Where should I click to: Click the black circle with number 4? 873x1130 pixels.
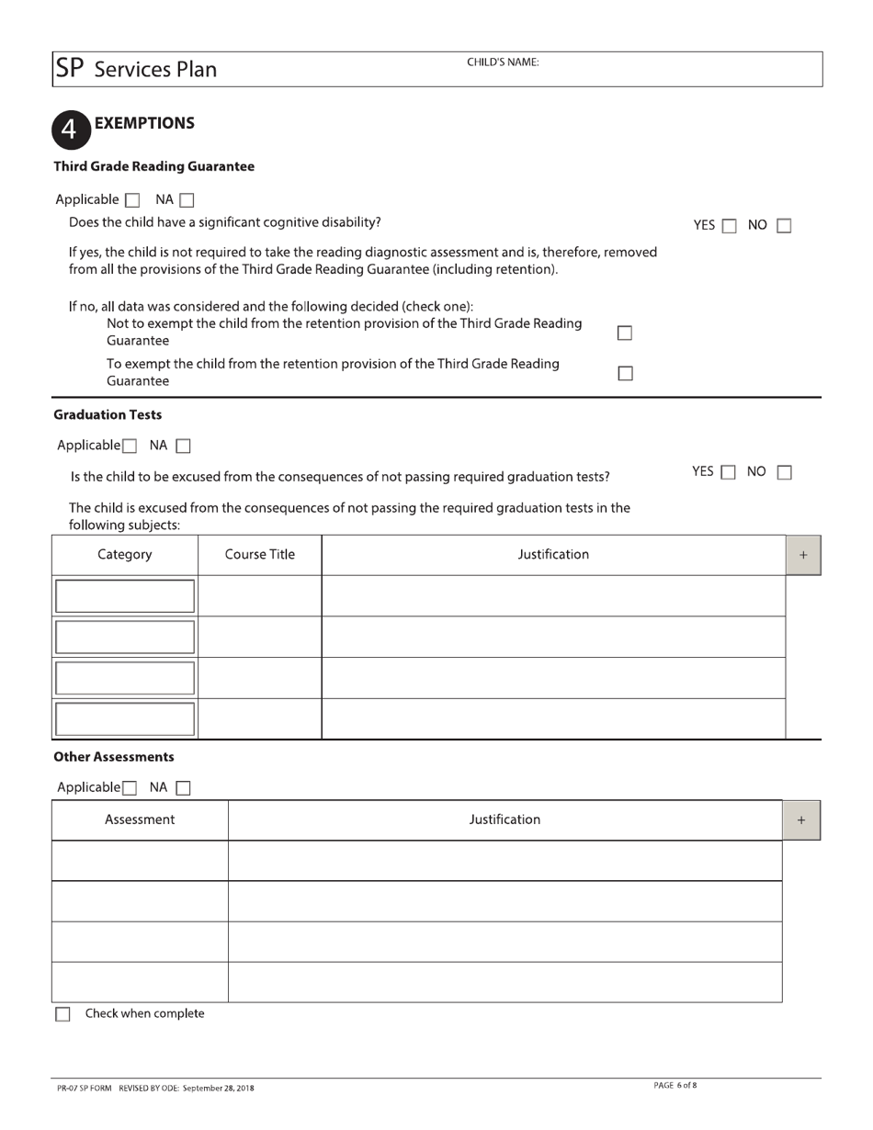(71, 130)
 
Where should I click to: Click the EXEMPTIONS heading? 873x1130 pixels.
(144, 123)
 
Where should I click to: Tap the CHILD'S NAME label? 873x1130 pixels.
(503, 62)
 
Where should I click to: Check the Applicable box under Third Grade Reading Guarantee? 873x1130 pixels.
(132, 200)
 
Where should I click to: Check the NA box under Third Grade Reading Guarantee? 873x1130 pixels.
(187, 200)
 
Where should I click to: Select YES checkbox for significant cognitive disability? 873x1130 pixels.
(728, 225)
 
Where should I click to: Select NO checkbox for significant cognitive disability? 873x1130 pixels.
(784, 225)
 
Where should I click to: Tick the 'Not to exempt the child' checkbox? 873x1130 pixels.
(625, 333)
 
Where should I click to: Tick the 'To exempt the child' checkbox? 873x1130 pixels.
(625, 373)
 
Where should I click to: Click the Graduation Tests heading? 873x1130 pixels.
(108, 415)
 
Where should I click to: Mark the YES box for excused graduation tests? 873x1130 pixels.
(728, 472)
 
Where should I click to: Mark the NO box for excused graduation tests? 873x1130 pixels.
(784, 472)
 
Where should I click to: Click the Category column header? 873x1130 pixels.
(125, 555)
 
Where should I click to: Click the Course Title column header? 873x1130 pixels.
(260, 555)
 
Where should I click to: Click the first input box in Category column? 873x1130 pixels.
(125, 595)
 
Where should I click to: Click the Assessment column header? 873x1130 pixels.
(140, 819)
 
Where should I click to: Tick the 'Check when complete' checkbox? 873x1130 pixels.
(62, 1014)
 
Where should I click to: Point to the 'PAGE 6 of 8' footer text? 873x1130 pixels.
(675, 1086)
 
